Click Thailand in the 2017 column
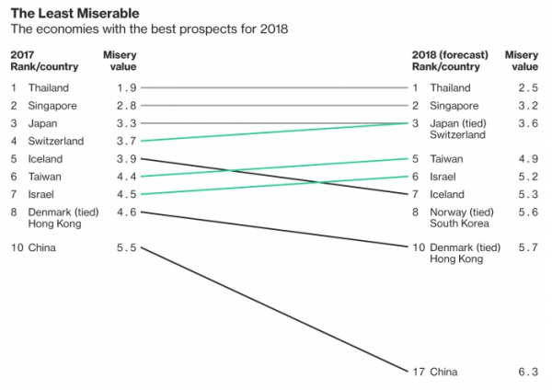click(x=50, y=87)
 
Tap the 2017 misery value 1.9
click(x=126, y=87)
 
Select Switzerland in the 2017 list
click(x=56, y=141)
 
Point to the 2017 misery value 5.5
click(x=126, y=248)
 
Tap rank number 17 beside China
click(x=418, y=372)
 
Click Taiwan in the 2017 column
click(x=46, y=177)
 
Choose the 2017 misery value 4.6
click(x=126, y=212)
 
